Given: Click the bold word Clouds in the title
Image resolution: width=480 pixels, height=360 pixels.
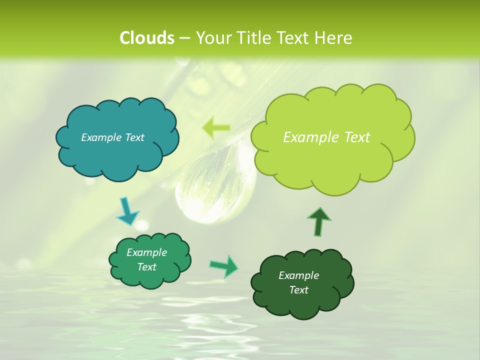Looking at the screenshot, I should tap(146, 37).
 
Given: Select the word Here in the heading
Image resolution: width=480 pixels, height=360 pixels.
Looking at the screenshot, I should tap(334, 37).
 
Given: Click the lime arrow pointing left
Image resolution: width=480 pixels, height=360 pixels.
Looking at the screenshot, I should tap(215, 128).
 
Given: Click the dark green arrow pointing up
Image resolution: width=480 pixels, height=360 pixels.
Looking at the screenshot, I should tap(318, 221).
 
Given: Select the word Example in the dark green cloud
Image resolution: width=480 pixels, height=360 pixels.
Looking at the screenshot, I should tap(298, 275).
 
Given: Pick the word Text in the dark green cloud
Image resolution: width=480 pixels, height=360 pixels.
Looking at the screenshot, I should tap(298, 290).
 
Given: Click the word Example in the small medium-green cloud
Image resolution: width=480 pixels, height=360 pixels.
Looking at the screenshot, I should tap(146, 252).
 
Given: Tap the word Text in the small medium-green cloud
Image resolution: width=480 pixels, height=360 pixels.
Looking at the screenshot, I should tap(146, 267).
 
